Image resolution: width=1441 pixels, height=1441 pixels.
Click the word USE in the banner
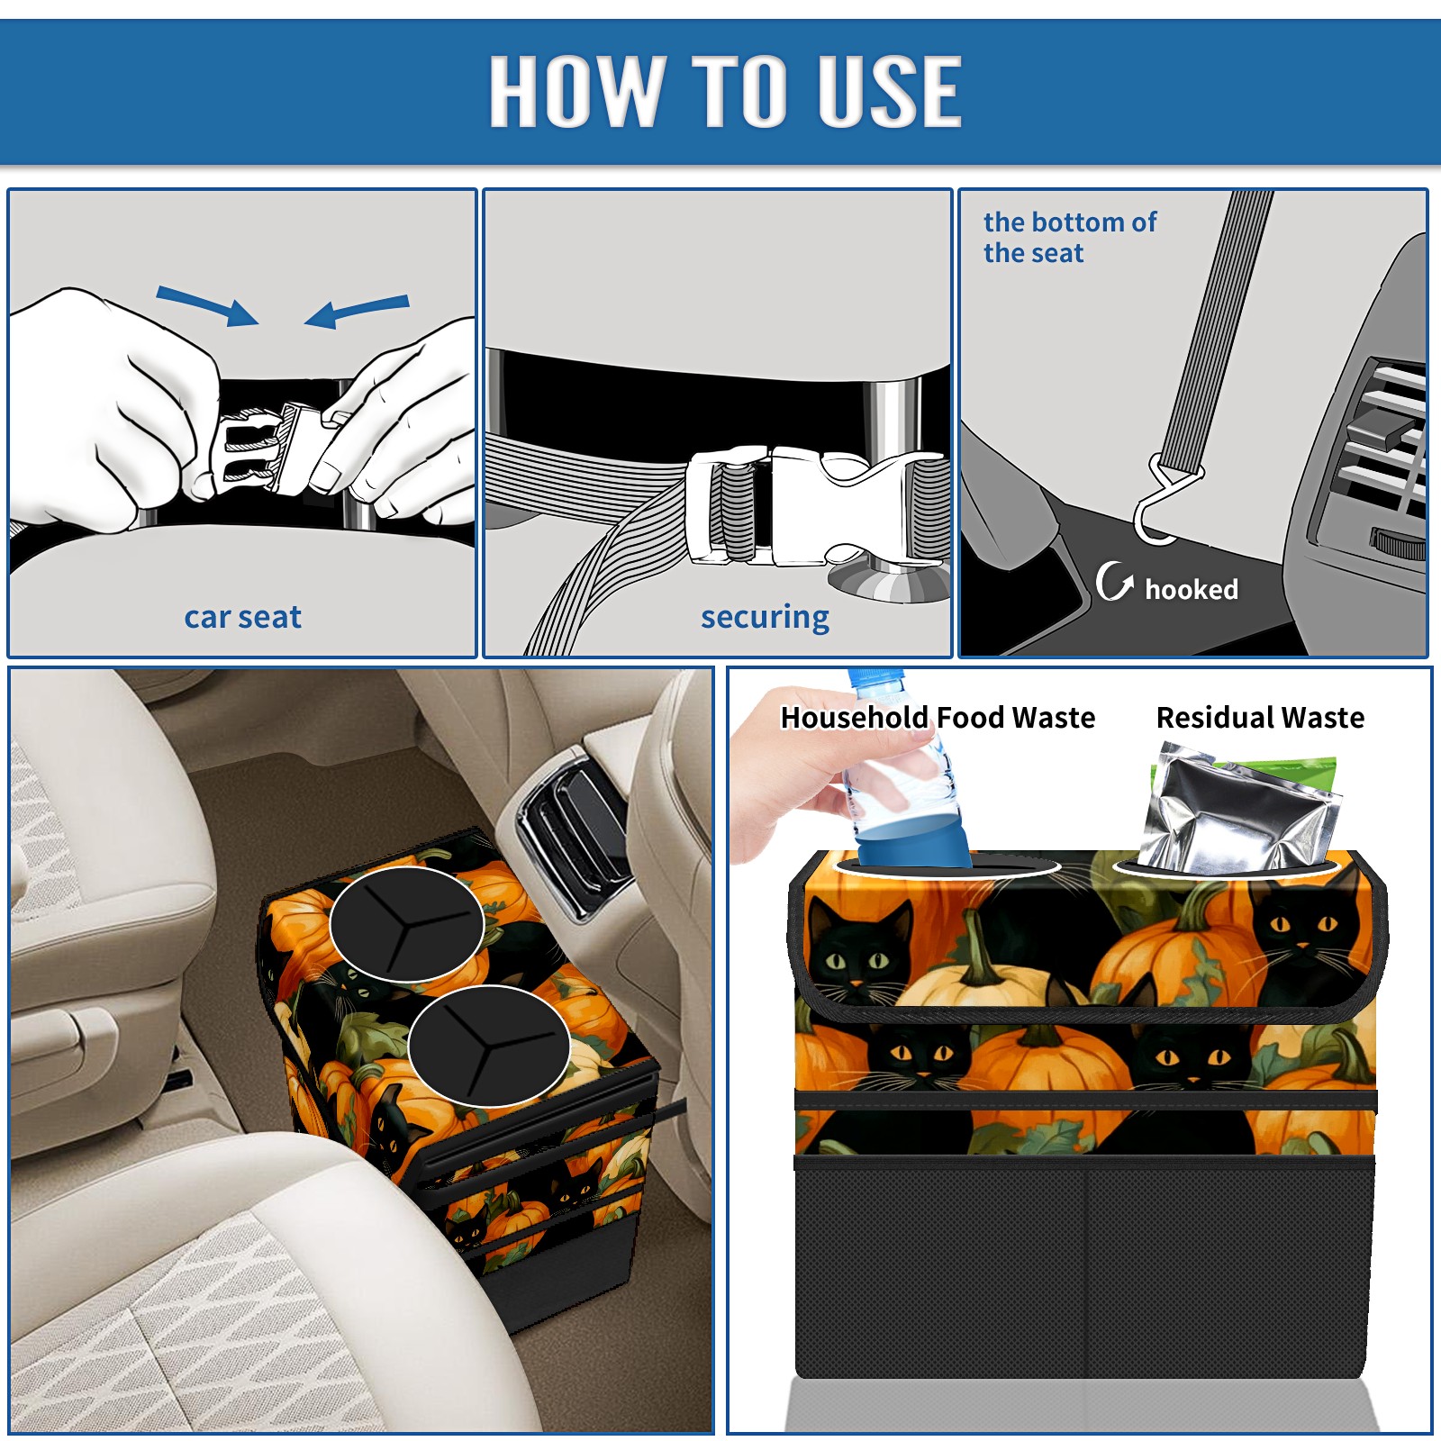[889, 91]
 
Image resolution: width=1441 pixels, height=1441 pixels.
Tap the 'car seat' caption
[242, 617]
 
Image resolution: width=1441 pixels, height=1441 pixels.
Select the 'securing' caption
[765, 618]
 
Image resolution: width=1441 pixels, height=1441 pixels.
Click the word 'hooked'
[1192, 589]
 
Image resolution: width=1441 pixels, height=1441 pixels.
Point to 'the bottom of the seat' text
[1069, 238]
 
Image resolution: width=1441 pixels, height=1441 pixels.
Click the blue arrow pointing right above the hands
[207, 305]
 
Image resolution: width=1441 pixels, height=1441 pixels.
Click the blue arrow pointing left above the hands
[357, 312]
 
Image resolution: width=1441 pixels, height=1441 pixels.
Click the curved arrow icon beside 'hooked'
[1113, 581]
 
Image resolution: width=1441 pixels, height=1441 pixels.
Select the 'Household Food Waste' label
[938, 718]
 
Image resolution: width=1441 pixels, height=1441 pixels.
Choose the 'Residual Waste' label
[1260, 718]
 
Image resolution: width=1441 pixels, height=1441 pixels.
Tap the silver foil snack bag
[1238, 811]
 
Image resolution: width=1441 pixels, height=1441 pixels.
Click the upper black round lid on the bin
[407, 924]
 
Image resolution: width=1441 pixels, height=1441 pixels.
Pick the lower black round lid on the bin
[488, 1045]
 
